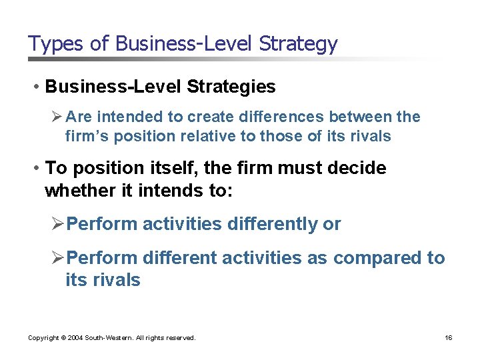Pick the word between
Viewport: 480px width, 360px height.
tap(370, 117)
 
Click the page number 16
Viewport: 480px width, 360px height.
tap(449, 338)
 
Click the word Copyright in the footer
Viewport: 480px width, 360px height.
tap(43, 338)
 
